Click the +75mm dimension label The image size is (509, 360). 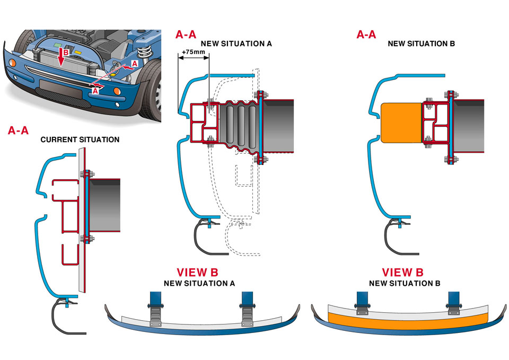coord(192,52)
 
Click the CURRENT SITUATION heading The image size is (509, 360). coord(80,140)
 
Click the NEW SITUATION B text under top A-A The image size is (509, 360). coord(414,43)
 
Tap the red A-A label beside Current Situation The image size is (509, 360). coord(19,130)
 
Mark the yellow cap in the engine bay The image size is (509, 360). coord(77,54)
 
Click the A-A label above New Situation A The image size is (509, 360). coord(186,35)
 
